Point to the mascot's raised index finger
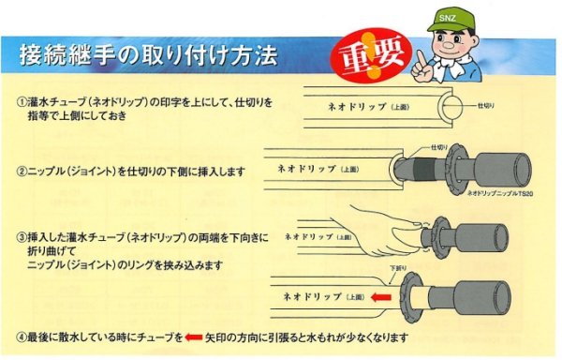point(421,56)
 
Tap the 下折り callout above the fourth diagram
point(398,269)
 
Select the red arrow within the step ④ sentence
point(194,335)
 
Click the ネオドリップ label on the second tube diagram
point(318,170)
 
